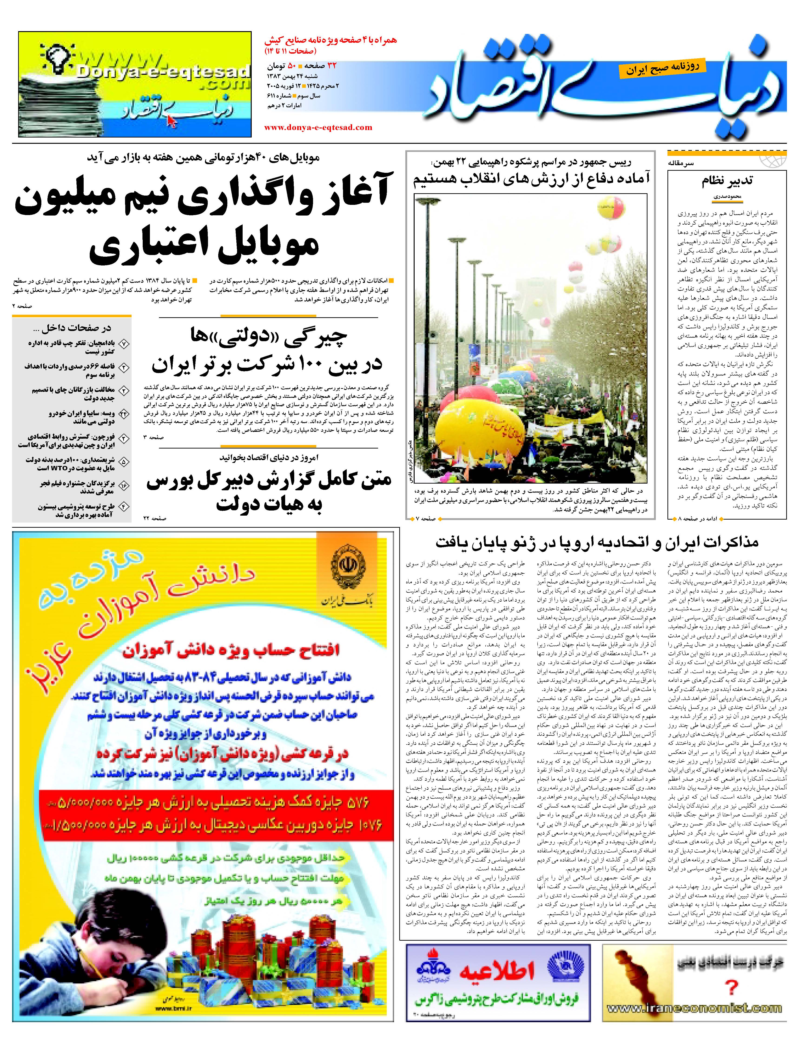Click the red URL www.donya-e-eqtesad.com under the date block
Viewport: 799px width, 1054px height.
[318, 127]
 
